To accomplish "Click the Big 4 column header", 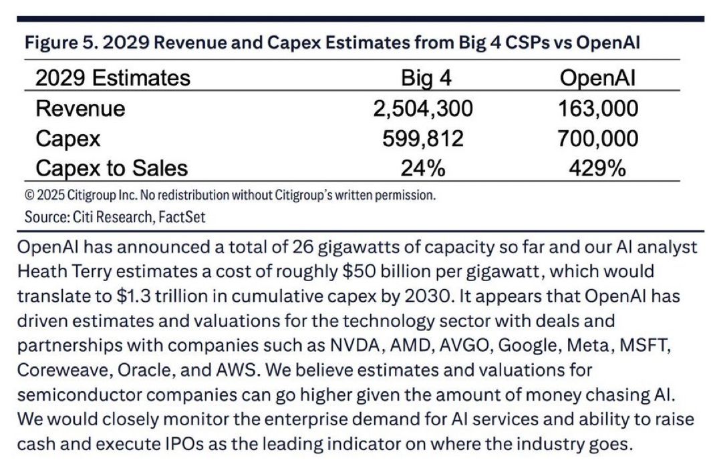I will click(426, 78).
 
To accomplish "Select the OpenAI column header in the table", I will click(597, 78).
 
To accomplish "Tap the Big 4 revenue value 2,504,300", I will click(423, 108).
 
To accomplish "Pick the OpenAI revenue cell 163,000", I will click(597, 108).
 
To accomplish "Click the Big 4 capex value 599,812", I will click(423, 138).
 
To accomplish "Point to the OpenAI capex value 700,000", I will click(597, 138).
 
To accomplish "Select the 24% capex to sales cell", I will click(423, 168).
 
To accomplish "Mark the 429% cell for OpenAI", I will click(597, 168).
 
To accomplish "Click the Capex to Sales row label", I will click(112, 168).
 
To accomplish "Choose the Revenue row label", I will click(80, 108).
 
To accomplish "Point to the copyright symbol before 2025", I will click(29, 196).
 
